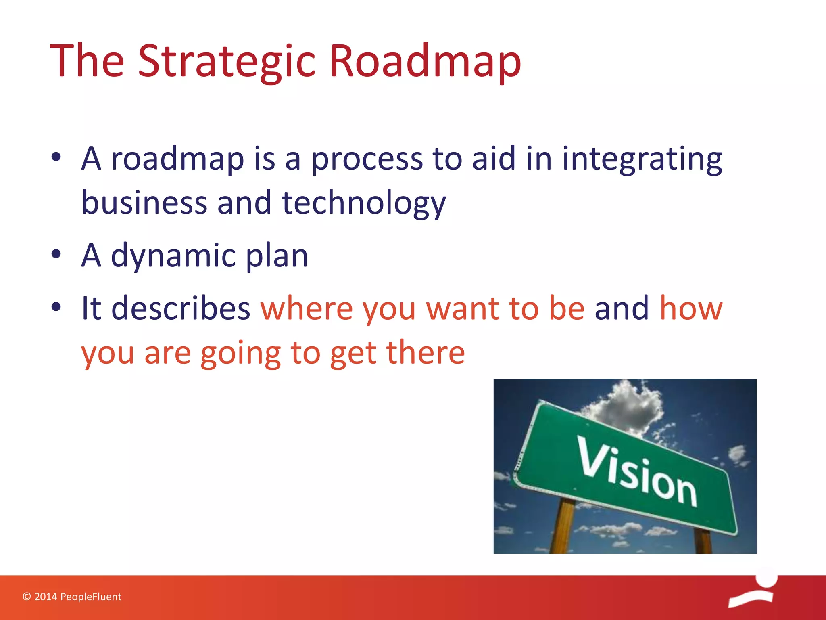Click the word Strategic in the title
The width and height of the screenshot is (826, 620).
point(226,61)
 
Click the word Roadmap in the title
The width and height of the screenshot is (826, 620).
point(425,61)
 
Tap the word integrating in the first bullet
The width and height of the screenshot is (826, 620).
point(642,159)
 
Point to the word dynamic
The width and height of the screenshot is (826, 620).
point(173,256)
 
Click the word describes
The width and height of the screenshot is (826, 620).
point(181,309)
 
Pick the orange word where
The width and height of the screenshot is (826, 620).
point(307,309)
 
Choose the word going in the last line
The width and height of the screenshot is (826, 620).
point(240,354)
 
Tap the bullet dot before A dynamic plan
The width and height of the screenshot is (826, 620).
point(56,254)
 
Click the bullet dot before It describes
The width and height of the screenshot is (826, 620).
point(56,307)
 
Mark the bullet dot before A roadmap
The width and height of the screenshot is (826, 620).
point(56,157)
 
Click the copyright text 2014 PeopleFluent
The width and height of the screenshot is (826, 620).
point(72,597)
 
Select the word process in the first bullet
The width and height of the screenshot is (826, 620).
point(367,159)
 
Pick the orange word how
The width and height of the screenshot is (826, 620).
point(690,309)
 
